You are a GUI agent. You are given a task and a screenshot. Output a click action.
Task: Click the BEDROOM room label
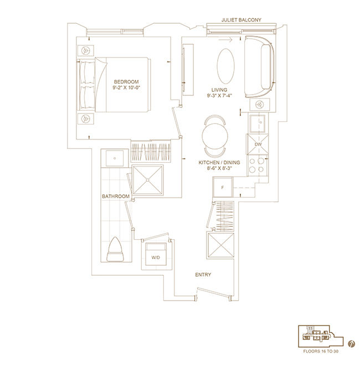[x=126, y=82]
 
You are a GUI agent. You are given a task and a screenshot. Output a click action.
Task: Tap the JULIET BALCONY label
[x=241, y=20]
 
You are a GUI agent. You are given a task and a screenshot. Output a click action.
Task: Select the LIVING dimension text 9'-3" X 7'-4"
[x=219, y=96]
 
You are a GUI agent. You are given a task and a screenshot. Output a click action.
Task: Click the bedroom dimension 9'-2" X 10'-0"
[x=126, y=87]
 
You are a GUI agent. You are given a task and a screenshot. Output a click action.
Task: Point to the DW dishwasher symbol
[x=258, y=144]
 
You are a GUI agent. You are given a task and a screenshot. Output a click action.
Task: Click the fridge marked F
[x=223, y=187]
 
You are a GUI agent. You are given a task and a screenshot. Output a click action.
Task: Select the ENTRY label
[x=203, y=275]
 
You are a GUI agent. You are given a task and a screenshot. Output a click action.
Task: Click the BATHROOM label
[x=116, y=197]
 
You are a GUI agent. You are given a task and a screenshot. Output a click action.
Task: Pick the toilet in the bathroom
[x=115, y=249]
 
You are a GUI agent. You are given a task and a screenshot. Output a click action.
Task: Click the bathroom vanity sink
[x=115, y=158]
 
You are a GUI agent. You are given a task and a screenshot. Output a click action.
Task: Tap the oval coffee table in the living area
[x=225, y=66]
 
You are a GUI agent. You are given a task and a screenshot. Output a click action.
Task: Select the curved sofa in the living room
[x=259, y=67]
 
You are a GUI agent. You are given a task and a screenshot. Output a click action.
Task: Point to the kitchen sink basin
[x=257, y=123]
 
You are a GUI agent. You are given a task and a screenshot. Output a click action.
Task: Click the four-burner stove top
[x=257, y=165]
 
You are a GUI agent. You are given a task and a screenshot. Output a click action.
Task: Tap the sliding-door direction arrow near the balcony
[x=225, y=40]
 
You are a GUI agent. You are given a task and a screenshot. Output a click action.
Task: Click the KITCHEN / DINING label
[x=219, y=162]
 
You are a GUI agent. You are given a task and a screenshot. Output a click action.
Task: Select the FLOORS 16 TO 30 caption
[x=321, y=351]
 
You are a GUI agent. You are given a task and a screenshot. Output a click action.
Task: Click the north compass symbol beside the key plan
[x=351, y=344]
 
